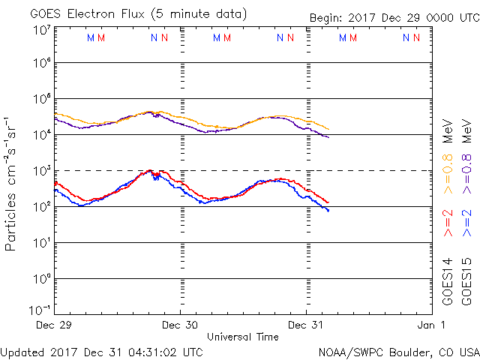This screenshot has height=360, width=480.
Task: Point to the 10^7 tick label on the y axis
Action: (42, 30)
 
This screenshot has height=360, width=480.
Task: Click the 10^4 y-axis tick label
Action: (42, 135)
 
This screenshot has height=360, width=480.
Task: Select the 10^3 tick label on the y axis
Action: (42, 171)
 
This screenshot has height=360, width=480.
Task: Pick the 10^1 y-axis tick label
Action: (42, 243)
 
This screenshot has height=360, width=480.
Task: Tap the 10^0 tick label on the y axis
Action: (42, 279)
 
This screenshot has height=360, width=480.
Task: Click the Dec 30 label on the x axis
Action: (181, 325)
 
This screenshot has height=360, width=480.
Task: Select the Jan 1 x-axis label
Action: (432, 325)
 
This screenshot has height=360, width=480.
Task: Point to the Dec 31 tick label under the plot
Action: (307, 325)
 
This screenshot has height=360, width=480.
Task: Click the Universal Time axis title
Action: (243, 337)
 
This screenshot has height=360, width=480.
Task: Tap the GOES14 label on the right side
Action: (448, 281)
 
